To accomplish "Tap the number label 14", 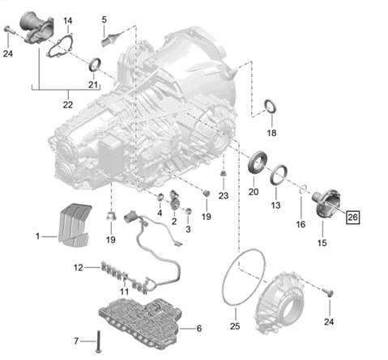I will pyautogui.click(x=67, y=19).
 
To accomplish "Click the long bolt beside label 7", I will pyautogui.click(x=96, y=341).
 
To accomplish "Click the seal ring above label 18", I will pyautogui.click(x=271, y=108).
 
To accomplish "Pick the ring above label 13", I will pyautogui.click(x=279, y=174).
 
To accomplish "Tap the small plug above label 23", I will pyautogui.click(x=222, y=174).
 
